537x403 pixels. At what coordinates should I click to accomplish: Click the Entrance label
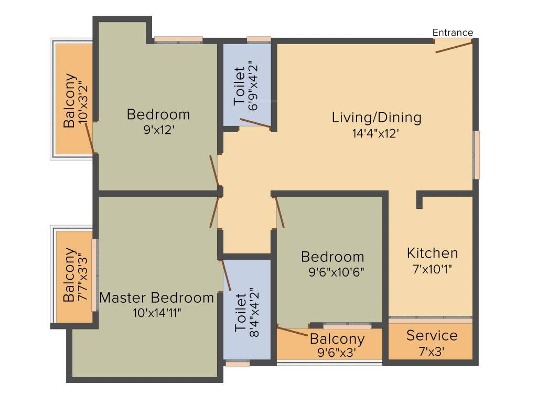point(453,33)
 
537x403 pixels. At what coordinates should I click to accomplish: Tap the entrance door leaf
point(454,47)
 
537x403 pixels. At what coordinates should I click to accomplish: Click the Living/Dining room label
point(377,118)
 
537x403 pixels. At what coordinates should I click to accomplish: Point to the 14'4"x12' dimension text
point(375,133)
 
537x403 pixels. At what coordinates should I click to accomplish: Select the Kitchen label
point(432,253)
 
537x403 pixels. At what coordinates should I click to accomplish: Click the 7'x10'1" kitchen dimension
point(432,269)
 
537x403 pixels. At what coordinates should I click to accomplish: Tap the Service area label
point(432,335)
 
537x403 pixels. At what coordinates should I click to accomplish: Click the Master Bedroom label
point(156,298)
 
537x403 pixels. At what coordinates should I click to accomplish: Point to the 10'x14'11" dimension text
point(157,313)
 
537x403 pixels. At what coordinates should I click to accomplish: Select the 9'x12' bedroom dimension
point(159,130)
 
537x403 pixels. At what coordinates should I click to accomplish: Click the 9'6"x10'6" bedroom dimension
point(336,272)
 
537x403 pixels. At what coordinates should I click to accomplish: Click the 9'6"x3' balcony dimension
point(337,352)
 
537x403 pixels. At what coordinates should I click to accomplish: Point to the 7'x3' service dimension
point(432,351)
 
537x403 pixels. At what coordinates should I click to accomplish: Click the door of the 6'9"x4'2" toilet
point(255,123)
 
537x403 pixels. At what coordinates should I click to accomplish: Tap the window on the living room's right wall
point(476,155)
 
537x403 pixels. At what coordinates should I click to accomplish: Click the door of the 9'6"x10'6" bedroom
point(280,212)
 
